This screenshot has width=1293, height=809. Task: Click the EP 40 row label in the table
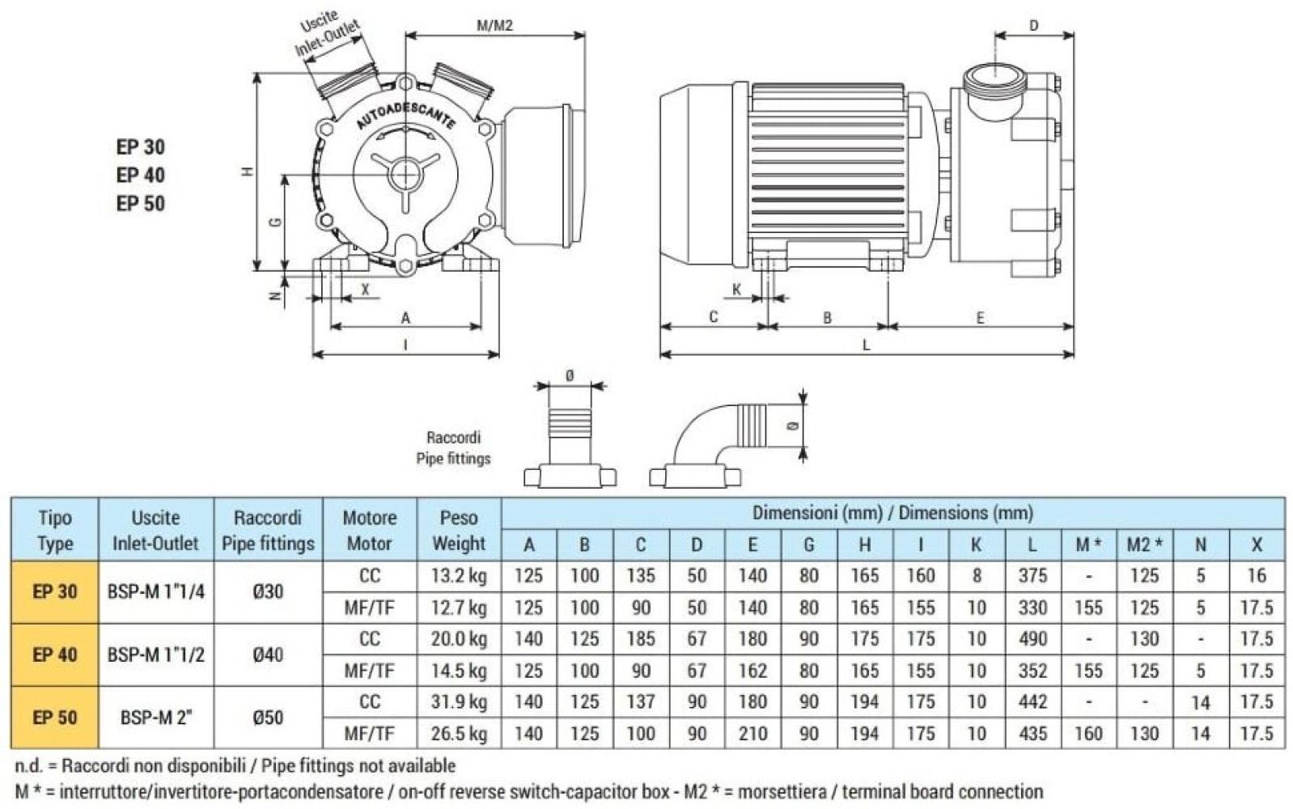(55, 654)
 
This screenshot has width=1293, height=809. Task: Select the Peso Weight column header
(459, 530)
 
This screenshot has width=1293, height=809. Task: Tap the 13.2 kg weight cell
(459, 576)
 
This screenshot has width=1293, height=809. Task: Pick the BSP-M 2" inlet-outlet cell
(155, 718)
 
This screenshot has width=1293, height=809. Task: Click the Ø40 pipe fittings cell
(268, 654)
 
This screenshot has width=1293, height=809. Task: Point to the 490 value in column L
(1032, 639)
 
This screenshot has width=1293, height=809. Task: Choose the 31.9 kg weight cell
(459, 702)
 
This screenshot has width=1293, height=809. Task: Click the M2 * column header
(1144, 545)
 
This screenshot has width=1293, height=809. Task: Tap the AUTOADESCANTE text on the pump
(405, 116)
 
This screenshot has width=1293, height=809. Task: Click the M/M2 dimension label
(494, 25)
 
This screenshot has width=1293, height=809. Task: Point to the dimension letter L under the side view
(866, 345)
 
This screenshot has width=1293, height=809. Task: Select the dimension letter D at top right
(1033, 26)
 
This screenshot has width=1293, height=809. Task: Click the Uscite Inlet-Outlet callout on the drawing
(325, 34)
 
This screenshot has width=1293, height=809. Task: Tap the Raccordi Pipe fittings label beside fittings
(453, 447)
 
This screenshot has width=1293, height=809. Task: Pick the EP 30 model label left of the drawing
(140, 146)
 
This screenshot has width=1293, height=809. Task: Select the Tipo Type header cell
(55, 530)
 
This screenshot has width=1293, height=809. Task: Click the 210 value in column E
(752, 734)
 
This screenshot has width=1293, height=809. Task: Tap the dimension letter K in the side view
(736, 290)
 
